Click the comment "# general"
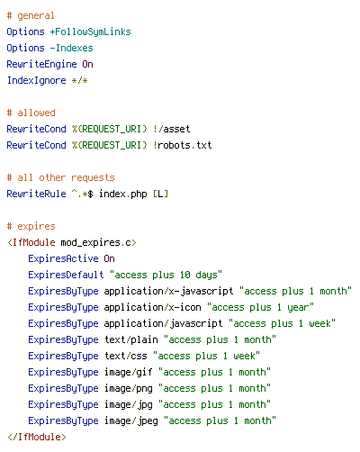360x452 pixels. click(x=31, y=16)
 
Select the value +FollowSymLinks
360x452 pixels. click(x=90, y=32)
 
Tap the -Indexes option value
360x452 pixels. click(x=71, y=48)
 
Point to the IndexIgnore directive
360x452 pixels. click(x=36, y=80)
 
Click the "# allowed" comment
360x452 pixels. click(x=31, y=113)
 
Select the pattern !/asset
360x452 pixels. click(x=171, y=129)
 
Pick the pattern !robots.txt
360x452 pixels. click(x=183, y=145)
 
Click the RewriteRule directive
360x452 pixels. click(x=36, y=194)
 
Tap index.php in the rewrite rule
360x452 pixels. click(x=123, y=194)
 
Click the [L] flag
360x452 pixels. click(x=160, y=194)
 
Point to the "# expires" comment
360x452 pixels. click(x=31, y=226)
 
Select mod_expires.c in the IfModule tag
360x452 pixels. click(x=96, y=242)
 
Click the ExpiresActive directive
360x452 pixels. click(x=63, y=258)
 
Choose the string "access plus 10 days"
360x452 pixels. click(x=166, y=275)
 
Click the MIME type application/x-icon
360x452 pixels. click(x=152, y=307)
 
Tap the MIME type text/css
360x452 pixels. click(x=126, y=356)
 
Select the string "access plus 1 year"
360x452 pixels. click(x=261, y=307)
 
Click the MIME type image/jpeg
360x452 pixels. click(x=131, y=420)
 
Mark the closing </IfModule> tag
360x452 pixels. click(x=36, y=437)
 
